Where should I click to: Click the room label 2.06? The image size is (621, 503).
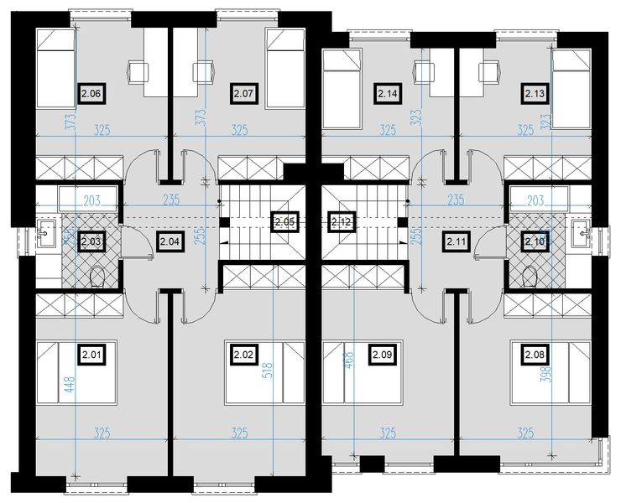[x=91, y=94]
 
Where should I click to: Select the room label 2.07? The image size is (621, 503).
[x=243, y=94]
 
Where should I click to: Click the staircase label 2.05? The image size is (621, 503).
[x=284, y=222]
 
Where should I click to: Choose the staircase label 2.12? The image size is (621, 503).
[x=341, y=222]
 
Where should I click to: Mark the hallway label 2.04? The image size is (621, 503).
[x=169, y=242]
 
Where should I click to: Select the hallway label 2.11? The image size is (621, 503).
[x=457, y=242]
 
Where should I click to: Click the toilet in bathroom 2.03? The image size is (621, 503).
[x=97, y=275]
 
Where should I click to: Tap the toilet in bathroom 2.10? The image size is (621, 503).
[x=529, y=275]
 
